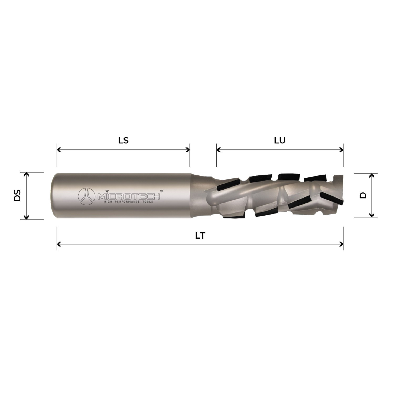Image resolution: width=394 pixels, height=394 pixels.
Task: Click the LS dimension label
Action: [x=123, y=141]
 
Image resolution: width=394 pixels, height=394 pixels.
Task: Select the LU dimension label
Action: [x=280, y=141]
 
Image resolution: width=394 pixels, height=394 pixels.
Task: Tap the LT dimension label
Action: [x=200, y=236]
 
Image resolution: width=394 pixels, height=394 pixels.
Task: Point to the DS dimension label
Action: [x=17, y=196]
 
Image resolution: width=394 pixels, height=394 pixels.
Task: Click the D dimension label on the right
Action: [x=363, y=195]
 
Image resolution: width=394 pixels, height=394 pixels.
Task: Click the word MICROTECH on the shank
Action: [x=128, y=196]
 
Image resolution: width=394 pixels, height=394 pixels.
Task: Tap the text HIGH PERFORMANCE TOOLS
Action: [x=128, y=201]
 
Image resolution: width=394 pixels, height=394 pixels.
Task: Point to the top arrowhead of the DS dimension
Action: [x=26, y=174]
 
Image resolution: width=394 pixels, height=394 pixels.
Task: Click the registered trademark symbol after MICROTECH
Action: [x=161, y=191]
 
